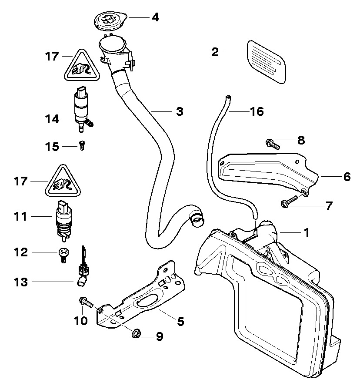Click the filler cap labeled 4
point(109,21)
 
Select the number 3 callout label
point(179,111)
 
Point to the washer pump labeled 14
point(81,109)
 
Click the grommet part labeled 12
point(63,253)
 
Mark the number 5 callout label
point(180,322)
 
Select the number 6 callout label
point(347,177)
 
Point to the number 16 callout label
point(257,111)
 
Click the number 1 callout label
point(306,232)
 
